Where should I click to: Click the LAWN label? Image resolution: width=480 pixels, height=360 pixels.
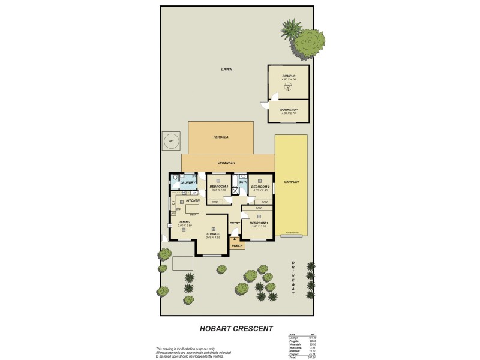point(226,69)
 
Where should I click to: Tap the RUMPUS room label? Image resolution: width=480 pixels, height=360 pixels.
point(289,76)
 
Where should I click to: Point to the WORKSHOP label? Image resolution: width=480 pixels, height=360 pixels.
point(289,110)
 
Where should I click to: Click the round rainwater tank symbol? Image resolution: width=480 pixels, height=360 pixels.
point(171,141)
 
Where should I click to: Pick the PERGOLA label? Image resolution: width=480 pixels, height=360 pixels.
point(221,137)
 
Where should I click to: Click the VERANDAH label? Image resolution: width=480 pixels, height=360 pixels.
point(226,163)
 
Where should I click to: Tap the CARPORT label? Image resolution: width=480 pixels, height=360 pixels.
point(292,182)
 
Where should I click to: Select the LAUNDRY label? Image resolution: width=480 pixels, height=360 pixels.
point(188,182)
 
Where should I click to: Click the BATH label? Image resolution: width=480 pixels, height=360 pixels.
point(242,182)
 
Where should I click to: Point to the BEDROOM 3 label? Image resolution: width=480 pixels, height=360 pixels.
point(218,187)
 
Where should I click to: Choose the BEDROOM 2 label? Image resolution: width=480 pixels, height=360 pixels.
point(260,187)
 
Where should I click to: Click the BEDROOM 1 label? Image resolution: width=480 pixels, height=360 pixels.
point(259,223)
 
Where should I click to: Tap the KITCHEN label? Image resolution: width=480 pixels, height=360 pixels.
point(193,200)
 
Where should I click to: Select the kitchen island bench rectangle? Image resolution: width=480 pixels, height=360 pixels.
point(192,208)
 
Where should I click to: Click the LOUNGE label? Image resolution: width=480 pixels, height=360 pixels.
point(213,234)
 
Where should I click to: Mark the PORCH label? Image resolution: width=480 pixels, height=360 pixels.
point(237,245)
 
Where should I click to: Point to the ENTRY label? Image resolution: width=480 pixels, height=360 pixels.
point(235,224)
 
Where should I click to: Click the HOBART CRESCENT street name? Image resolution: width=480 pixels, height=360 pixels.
point(236,328)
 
